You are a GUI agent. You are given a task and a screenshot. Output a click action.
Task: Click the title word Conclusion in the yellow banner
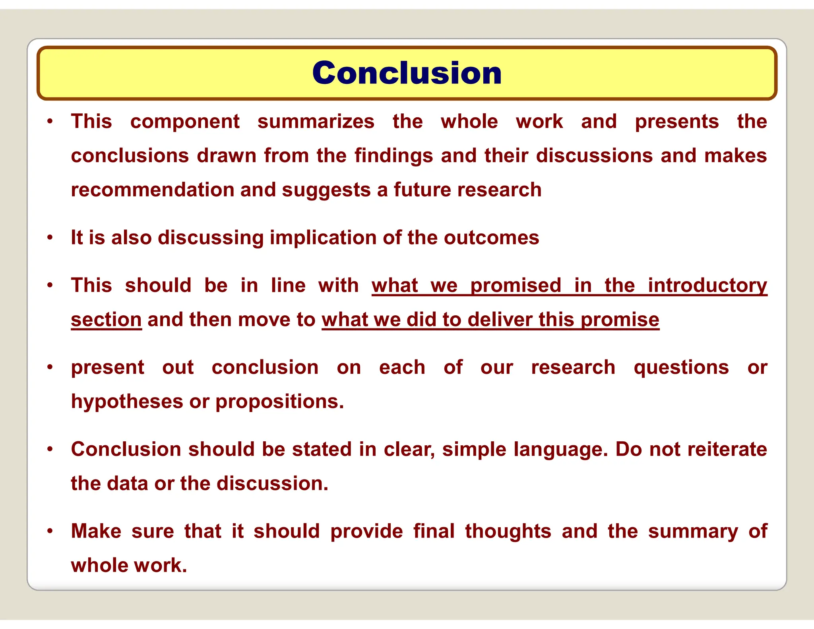click(x=407, y=73)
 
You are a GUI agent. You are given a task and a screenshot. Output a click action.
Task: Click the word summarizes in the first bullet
click(x=316, y=122)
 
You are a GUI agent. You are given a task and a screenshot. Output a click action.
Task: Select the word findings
click(x=393, y=156)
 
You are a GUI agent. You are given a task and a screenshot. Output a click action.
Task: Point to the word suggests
click(x=326, y=190)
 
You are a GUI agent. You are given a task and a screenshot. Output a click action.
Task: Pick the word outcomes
click(x=491, y=238)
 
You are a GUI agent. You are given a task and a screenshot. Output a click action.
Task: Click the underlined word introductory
click(x=707, y=285)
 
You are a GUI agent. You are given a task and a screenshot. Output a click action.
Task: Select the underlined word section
click(x=106, y=320)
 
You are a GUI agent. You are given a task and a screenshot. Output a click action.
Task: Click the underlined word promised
click(x=516, y=285)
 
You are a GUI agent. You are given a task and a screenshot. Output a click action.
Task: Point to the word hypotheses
click(x=127, y=402)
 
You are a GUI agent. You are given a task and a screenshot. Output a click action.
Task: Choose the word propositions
click(x=279, y=402)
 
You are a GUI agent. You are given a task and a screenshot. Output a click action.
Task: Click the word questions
click(x=681, y=367)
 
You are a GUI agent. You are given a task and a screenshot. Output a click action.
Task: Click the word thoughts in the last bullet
click(x=508, y=531)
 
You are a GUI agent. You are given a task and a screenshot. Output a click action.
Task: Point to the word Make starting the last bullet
click(x=96, y=531)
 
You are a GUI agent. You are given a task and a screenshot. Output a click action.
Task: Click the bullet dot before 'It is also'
click(x=50, y=238)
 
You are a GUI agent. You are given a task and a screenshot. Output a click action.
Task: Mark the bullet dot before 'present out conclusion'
click(x=50, y=367)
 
